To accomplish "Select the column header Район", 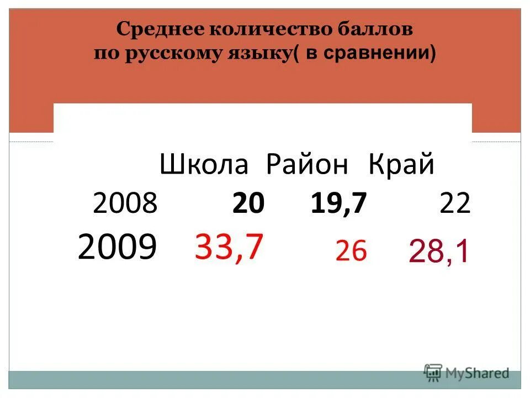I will (308, 165).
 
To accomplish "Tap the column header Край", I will (401, 165).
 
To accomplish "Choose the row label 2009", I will (117, 247).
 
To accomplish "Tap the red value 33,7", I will (229, 247).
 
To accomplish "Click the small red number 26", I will (351, 252).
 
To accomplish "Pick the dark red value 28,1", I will (439, 252).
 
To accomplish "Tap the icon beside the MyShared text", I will (433, 372).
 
